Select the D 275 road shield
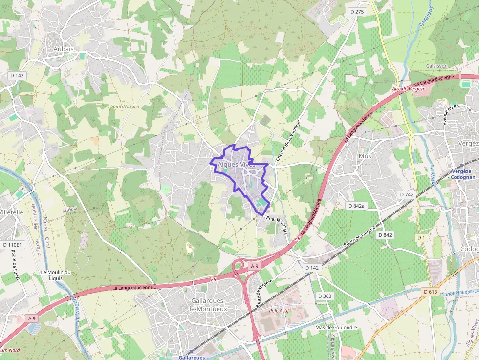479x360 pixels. (x=357, y=12)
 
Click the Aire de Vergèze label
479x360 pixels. (x=409, y=89)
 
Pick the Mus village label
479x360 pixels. (x=365, y=156)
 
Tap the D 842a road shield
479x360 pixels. (x=357, y=206)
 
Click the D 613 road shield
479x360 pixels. (x=430, y=292)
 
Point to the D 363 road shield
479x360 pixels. (x=325, y=296)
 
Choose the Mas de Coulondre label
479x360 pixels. (x=336, y=327)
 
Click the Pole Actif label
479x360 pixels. (x=280, y=310)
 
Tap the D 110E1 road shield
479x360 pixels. (x=12, y=244)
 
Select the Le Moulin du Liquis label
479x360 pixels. (x=56, y=275)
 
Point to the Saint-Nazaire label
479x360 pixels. (x=125, y=106)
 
